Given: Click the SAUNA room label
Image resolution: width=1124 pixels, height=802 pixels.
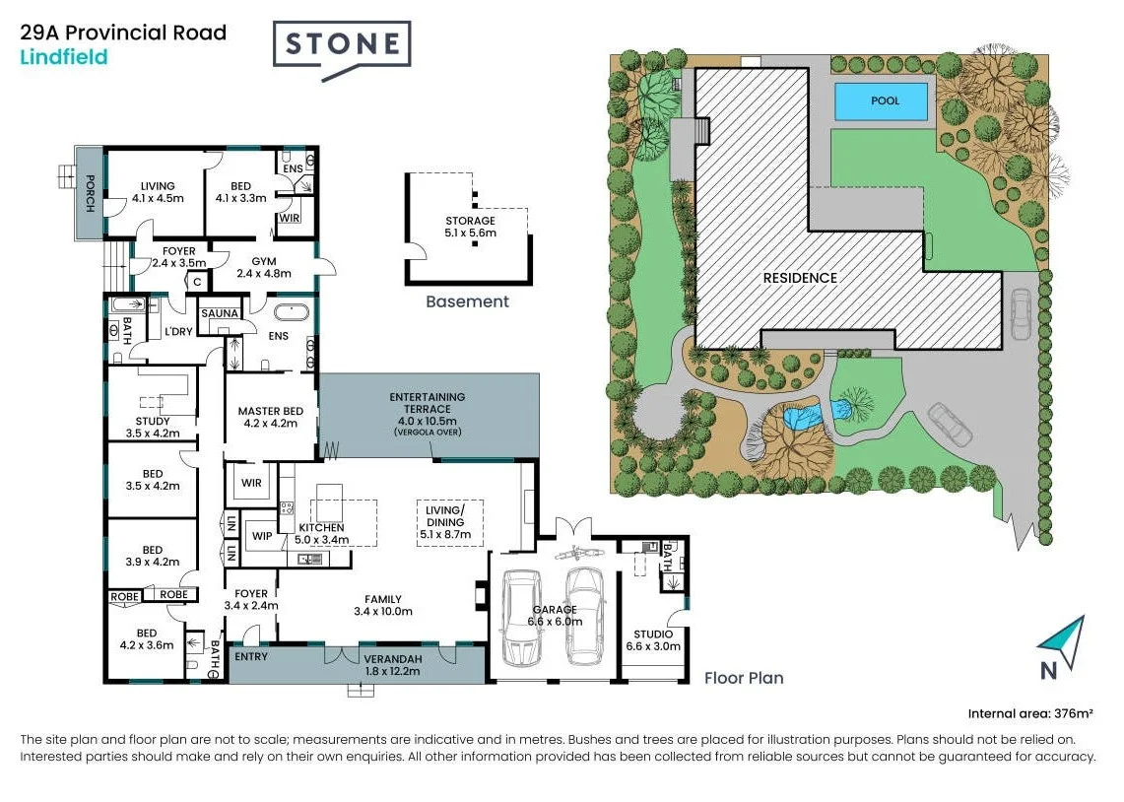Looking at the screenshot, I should (x=220, y=313).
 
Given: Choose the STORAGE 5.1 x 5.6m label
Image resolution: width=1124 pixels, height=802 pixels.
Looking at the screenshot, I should (x=470, y=227).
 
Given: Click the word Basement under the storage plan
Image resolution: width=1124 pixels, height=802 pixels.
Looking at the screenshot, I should (x=467, y=301).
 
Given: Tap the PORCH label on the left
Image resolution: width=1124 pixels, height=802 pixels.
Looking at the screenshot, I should (x=90, y=193).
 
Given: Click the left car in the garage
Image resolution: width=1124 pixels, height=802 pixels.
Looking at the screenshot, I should (x=521, y=618).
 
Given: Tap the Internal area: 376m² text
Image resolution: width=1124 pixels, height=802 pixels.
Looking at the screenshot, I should (x=1031, y=713).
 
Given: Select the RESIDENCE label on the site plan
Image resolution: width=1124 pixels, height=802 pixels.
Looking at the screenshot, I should (x=800, y=278).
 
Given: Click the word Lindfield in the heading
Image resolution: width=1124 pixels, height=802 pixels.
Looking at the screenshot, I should (x=64, y=57).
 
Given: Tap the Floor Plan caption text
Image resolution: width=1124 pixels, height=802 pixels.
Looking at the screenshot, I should (x=744, y=678).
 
